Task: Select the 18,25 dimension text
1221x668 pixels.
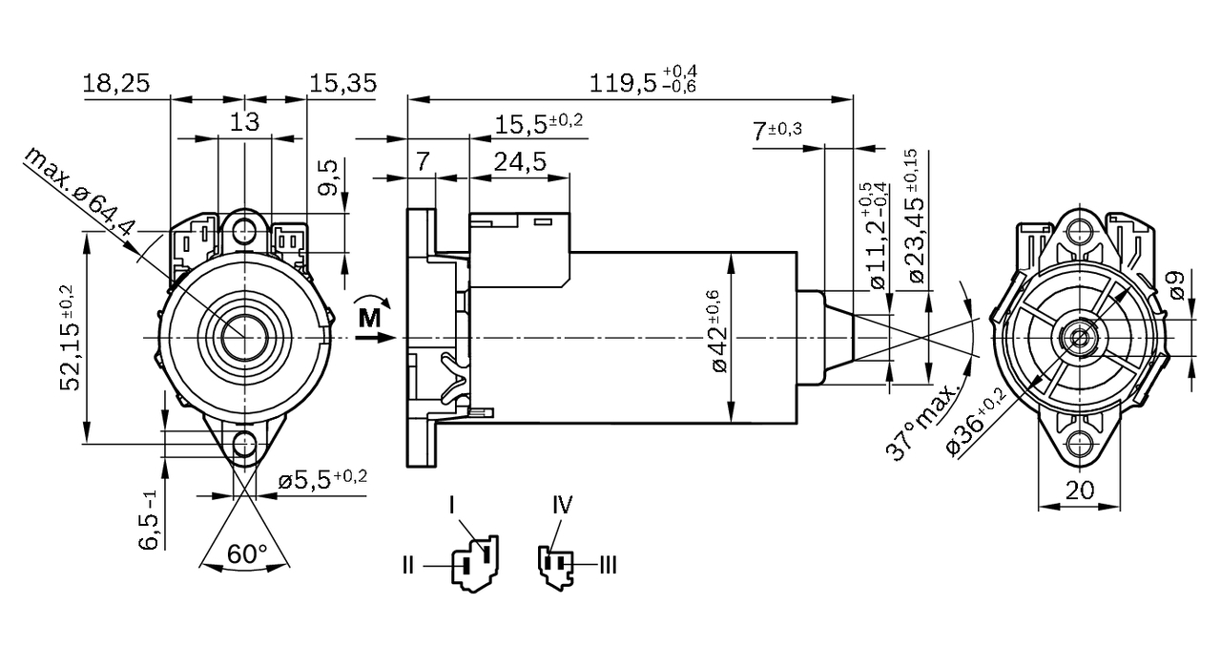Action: pos(115,83)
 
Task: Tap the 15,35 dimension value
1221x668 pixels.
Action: pos(342,83)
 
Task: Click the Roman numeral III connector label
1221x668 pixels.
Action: pos(607,566)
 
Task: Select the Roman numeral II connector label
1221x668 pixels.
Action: pos(408,566)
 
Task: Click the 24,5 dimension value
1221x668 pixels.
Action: pos(519,162)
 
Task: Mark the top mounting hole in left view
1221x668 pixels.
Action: pos(246,230)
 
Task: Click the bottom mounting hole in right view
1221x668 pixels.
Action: pos(1079,444)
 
